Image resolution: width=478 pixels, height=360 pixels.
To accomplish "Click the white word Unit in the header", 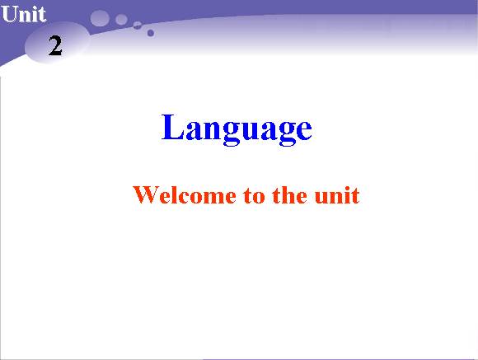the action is pos(23,14).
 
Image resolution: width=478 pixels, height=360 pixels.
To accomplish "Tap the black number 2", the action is pos(55,45).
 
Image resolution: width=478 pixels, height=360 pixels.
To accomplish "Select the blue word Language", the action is pos(237,129).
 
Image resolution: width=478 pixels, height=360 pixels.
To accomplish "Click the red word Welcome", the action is pos(185,194).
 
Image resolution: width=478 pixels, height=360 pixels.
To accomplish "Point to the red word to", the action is pos(254,196).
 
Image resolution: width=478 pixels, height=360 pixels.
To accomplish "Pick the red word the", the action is pos(289,194).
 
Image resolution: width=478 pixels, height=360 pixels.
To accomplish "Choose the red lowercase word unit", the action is pos(337,195).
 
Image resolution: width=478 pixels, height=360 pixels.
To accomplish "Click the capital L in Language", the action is pos(172,127).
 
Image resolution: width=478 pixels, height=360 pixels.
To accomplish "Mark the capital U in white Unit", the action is pos(9,14).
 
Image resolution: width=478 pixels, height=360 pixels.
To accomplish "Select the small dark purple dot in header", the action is pos(151,33).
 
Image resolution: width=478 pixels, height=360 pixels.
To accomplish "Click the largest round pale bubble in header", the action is pos(100,18).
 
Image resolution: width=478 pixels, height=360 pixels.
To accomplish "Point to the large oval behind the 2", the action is pos(57,42).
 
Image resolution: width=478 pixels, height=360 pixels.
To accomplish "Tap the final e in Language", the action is pos(302,131).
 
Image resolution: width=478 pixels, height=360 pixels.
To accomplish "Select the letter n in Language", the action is pos(213,131).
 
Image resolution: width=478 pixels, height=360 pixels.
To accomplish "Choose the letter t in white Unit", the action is pos(41,16).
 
